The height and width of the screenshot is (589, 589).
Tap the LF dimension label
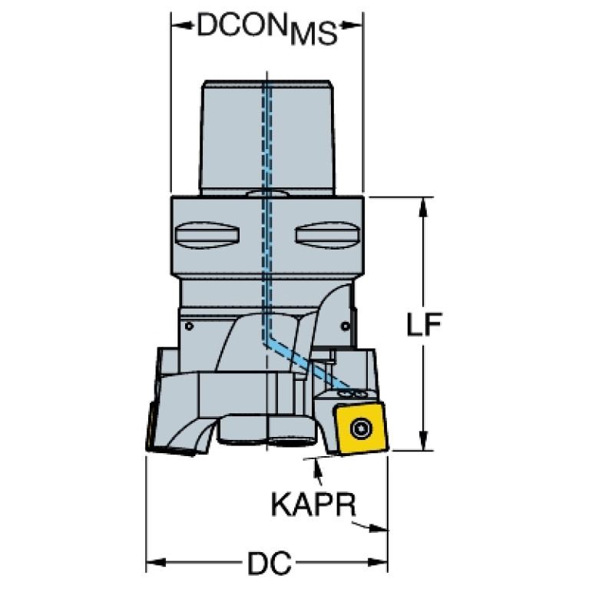[x=424, y=326]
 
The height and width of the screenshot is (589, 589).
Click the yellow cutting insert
[x=361, y=427]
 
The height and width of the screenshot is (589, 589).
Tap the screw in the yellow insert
[x=360, y=428]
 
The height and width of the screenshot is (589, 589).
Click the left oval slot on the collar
[x=210, y=236]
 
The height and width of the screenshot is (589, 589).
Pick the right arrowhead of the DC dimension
[x=381, y=563]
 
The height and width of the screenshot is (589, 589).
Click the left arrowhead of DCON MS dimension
[x=178, y=25]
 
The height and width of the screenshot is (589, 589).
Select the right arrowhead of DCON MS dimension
[x=355, y=25]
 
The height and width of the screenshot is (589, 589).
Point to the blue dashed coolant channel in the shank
[x=266, y=138]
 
